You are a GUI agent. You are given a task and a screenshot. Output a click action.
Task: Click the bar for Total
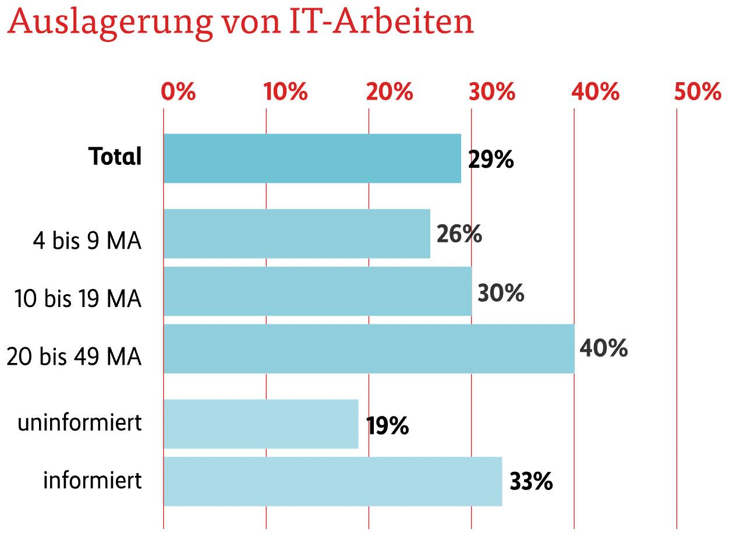pyautogui.click(x=312, y=158)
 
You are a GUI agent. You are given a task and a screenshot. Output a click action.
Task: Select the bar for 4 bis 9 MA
pyautogui.click(x=297, y=234)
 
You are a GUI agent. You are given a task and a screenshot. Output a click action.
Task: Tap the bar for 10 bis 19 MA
pyautogui.click(x=317, y=291)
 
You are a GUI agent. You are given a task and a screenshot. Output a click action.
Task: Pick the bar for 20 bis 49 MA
pyautogui.click(x=369, y=348)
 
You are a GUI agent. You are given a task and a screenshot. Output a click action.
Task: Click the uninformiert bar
pyautogui.click(x=261, y=424)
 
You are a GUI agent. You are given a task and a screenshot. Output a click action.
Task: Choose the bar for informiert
pyautogui.click(x=332, y=481)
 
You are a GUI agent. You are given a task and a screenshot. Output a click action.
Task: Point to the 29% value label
pyautogui.click(x=490, y=160)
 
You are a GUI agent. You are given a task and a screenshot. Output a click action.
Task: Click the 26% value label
pyautogui.click(x=459, y=235)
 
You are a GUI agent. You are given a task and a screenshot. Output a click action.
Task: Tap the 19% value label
pyautogui.click(x=387, y=426)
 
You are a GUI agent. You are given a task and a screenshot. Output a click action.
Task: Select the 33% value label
pyautogui.click(x=530, y=482)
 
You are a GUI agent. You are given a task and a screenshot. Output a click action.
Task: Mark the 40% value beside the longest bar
pyautogui.click(x=603, y=348)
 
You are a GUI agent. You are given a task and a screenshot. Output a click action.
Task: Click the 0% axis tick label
pyautogui.click(x=178, y=92)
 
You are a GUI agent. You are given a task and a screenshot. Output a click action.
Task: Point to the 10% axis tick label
pyautogui.click(x=285, y=92)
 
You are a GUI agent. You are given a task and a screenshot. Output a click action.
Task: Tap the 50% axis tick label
pyautogui.click(x=698, y=92)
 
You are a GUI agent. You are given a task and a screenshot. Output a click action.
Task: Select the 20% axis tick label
pyautogui.click(x=389, y=92)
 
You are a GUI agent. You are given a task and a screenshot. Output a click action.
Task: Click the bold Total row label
pyautogui.click(x=115, y=157)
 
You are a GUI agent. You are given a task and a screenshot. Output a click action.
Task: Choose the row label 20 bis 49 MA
pyautogui.click(x=74, y=357)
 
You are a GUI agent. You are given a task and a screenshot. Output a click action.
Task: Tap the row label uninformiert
pyautogui.click(x=80, y=423)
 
